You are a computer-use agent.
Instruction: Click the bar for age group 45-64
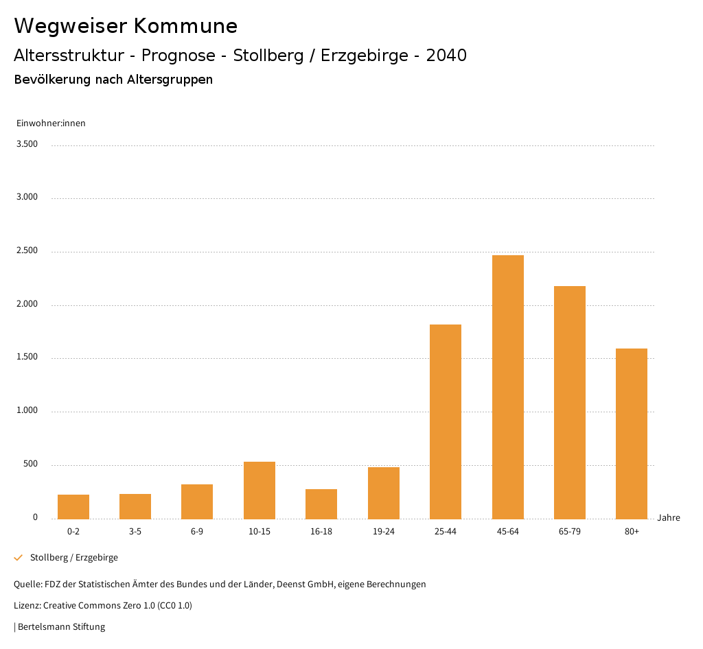tap(507, 387)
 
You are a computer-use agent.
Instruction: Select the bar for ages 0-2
tap(73, 507)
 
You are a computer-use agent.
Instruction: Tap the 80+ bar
tap(632, 434)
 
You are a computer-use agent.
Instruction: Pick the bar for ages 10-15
tap(260, 491)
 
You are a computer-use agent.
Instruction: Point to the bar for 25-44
tap(446, 422)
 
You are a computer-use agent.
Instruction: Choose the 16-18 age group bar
tap(321, 504)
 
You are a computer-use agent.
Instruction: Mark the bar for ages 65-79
tap(570, 403)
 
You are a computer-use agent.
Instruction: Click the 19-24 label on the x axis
tap(383, 532)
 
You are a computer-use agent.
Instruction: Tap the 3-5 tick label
tap(135, 532)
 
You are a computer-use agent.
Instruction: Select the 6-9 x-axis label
tap(197, 532)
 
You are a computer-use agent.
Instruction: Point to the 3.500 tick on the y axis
tap(27, 144)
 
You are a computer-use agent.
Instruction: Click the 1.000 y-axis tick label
tap(27, 411)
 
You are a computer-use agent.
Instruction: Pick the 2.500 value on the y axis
tap(27, 251)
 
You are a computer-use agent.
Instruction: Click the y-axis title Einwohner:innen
tap(51, 123)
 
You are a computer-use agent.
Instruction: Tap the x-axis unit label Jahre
tap(669, 518)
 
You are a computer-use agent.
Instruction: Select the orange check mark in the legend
tap(19, 558)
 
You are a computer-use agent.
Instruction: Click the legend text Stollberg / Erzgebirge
tap(74, 558)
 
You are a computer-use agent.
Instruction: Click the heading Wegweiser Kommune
tap(126, 26)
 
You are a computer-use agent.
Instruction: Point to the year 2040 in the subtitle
tap(446, 56)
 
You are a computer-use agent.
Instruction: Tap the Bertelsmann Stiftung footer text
tap(61, 627)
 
